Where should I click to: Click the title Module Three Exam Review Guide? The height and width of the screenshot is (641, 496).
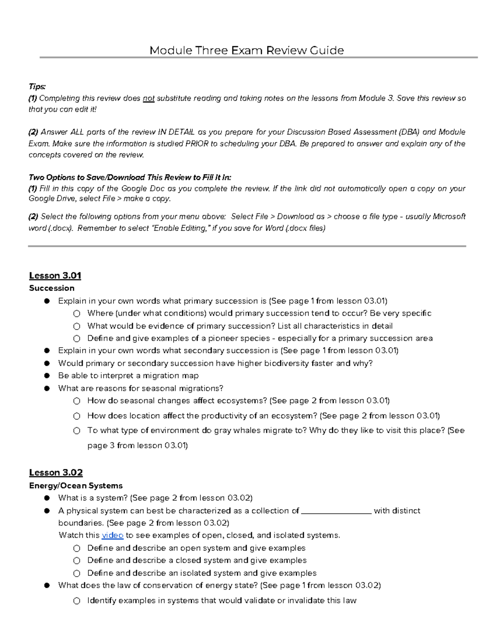tap(246, 50)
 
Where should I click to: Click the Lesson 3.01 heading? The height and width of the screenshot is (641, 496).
tap(55, 275)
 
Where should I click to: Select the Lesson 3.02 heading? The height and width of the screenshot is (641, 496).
tap(56, 472)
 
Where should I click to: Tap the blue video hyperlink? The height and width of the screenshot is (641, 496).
tap(112, 535)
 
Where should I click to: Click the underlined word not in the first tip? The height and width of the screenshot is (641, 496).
tap(148, 98)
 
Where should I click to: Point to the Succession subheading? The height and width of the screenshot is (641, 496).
tap(52, 288)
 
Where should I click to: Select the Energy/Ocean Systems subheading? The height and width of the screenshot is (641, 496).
tap(76, 485)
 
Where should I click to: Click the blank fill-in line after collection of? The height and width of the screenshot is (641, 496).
tap(336, 511)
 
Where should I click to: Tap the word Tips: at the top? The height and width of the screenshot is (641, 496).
tap(37, 86)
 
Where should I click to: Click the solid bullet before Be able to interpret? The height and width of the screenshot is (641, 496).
tap(47, 376)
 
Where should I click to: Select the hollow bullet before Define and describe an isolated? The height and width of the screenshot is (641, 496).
tap(77, 573)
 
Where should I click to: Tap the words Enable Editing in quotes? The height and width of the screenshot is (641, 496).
tap(181, 228)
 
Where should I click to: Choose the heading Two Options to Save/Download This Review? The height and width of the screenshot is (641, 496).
tap(129, 177)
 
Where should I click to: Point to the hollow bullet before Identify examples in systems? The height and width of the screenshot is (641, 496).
tap(77, 601)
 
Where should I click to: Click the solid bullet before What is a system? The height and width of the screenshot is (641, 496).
tap(47, 498)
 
